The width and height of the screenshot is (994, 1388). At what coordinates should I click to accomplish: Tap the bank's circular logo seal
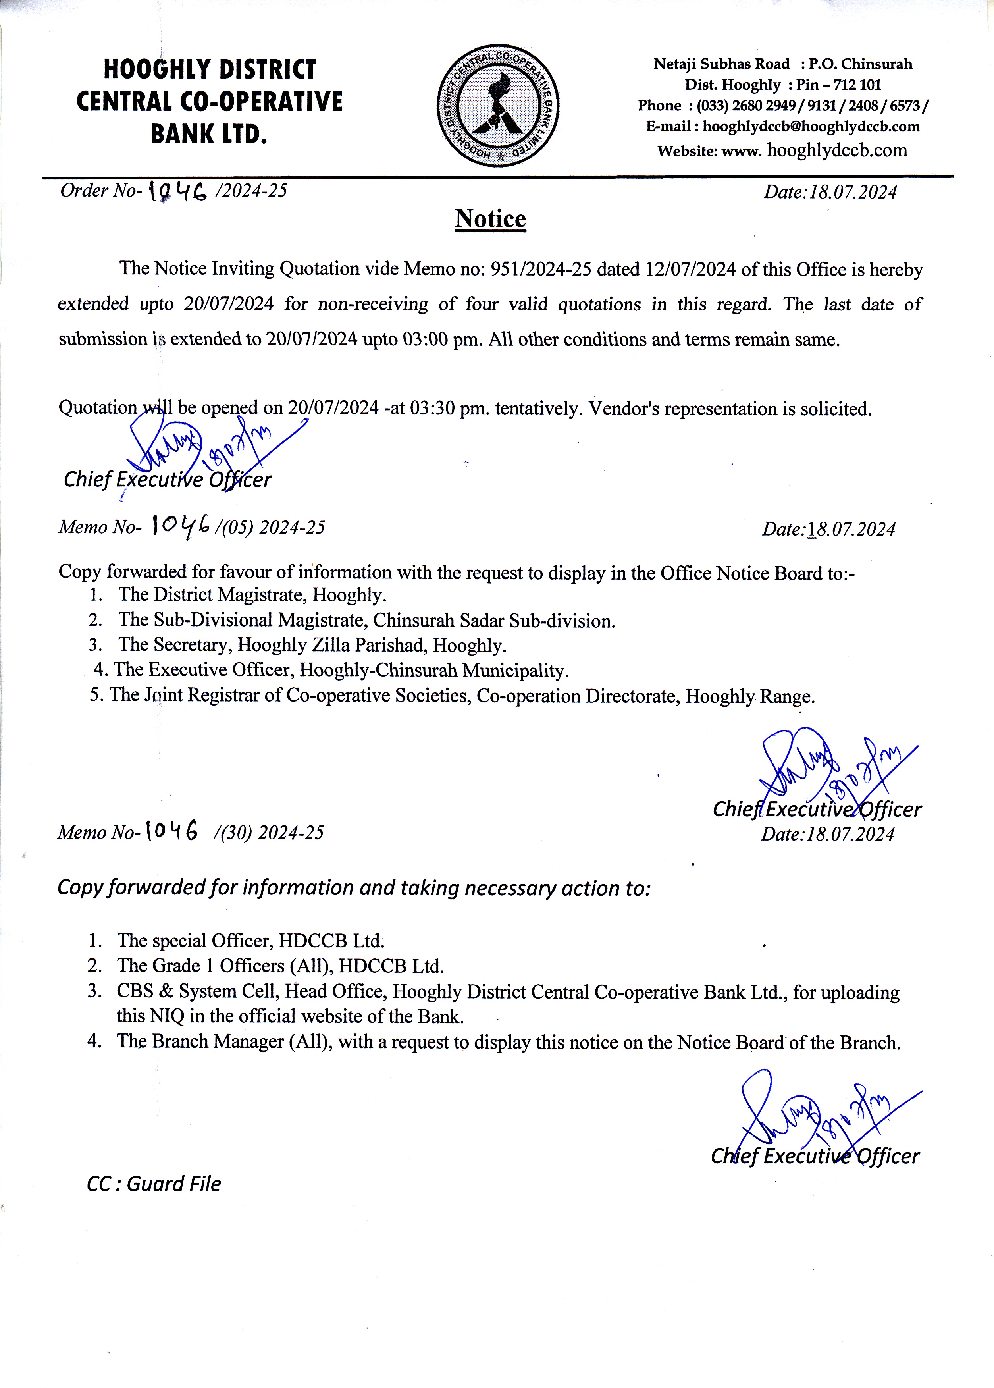click(498, 105)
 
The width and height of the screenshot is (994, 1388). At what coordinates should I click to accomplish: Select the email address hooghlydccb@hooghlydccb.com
click(811, 127)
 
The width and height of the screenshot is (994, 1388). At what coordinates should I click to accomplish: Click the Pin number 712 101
click(857, 85)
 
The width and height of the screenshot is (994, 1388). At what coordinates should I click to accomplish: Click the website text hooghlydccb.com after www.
click(837, 150)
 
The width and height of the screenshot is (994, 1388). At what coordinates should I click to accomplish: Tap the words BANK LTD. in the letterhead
click(209, 134)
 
